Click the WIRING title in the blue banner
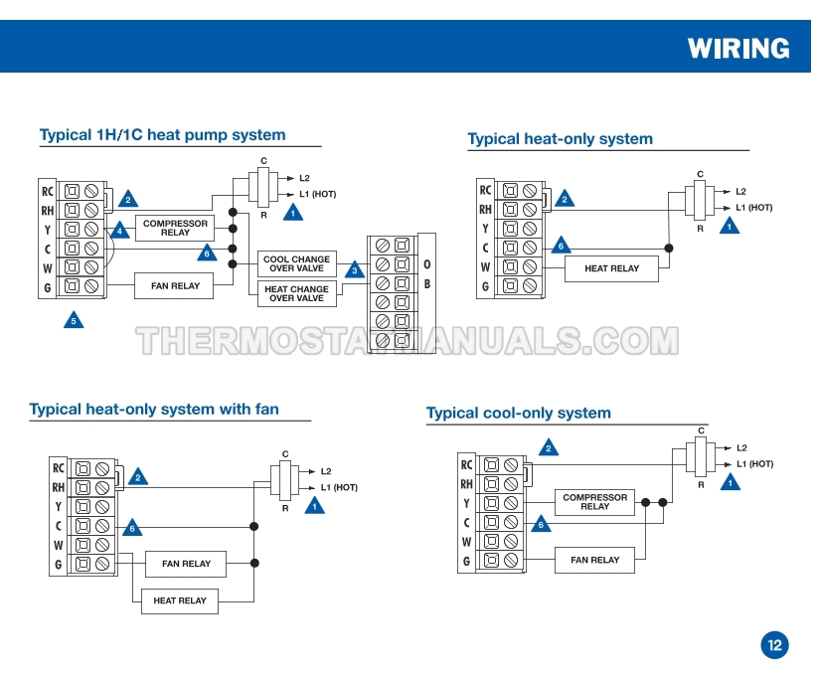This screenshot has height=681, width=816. pos(738,48)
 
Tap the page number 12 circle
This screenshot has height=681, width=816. pos(775,644)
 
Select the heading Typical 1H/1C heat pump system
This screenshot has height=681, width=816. pos(162,135)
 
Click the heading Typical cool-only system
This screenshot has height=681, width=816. pos(519,413)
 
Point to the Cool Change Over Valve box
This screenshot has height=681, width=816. pos(296,264)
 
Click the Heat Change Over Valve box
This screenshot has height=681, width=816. pos(296,293)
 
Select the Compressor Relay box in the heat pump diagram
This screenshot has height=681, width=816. pos(175,229)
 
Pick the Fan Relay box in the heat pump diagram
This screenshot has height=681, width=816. pos(175,286)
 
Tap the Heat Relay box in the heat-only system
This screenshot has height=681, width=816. pos(611,268)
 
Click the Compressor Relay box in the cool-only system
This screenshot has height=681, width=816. pos(594,502)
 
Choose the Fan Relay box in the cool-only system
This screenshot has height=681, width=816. pos(594,560)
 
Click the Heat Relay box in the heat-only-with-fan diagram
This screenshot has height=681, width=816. pos(180,600)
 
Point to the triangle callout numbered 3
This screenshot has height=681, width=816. pos(355,269)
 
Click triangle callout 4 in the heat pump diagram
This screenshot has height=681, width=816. pos(120,230)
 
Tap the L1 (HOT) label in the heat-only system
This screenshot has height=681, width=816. pos(753,208)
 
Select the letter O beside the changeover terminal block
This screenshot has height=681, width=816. pos(427,264)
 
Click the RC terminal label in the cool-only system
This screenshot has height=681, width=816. pos(466,464)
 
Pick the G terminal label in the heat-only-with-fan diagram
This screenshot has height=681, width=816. pos(58,565)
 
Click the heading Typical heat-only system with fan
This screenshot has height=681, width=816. pos(154,409)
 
